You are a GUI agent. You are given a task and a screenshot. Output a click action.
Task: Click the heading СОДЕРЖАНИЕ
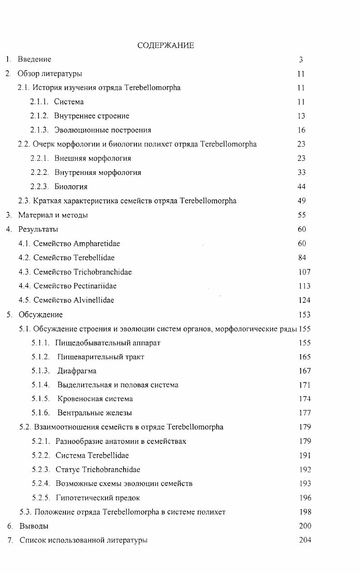166,45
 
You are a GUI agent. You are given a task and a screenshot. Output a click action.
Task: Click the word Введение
34,59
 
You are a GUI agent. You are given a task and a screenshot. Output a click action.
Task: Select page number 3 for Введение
301,59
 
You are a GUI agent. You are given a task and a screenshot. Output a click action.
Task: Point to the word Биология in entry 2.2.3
71,187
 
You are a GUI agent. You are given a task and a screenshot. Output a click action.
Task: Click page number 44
302,187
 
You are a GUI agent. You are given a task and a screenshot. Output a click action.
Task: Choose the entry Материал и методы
53,215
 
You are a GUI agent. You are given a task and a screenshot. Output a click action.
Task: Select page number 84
302,258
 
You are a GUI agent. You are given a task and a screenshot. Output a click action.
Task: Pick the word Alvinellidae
94,300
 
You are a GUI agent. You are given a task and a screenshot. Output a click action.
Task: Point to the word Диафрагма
77,371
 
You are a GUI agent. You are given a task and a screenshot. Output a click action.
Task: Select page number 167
305,371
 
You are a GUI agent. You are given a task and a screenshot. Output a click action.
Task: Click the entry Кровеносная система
95,399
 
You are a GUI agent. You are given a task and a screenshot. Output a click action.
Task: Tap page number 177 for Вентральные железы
305,413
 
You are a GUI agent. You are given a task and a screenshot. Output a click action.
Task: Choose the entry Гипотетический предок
98,498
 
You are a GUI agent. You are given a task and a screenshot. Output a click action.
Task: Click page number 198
305,512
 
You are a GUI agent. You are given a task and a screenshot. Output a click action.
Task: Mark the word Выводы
34,526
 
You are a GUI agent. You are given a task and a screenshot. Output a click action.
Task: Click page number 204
305,540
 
